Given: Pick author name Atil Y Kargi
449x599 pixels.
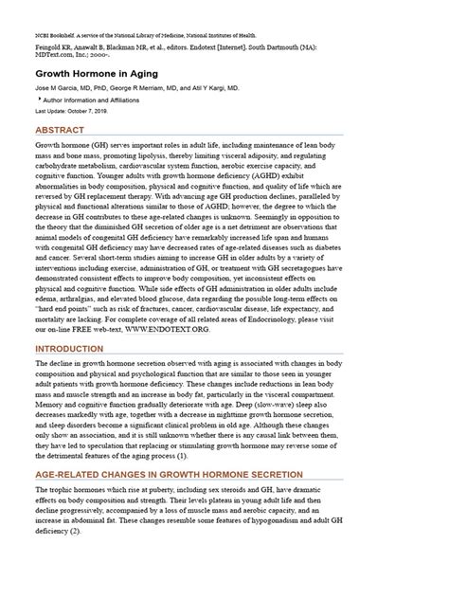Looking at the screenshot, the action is pyautogui.click(x=216, y=87).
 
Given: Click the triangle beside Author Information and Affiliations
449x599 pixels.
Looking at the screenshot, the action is pyautogui.click(x=39, y=99).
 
